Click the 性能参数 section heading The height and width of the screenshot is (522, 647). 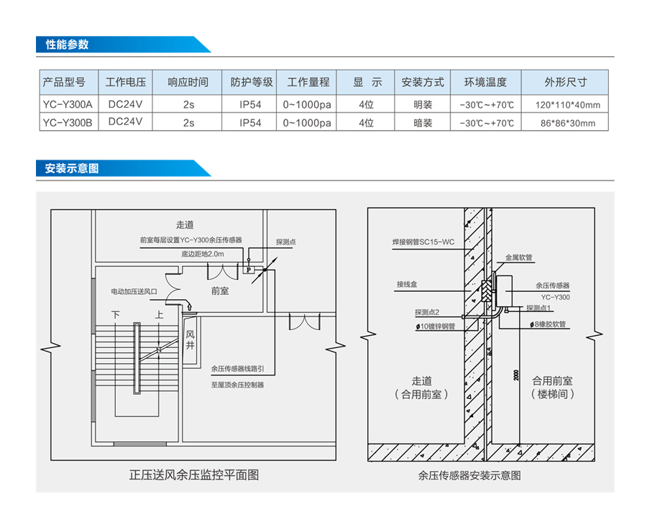(x=67, y=44)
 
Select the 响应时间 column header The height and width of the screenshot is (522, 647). (x=188, y=82)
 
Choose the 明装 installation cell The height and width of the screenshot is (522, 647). (x=423, y=104)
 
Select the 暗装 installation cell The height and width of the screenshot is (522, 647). (x=423, y=123)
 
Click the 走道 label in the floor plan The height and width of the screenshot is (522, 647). (x=185, y=224)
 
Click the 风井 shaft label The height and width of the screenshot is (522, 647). (x=190, y=340)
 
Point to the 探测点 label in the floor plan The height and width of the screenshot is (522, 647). (x=285, y=243)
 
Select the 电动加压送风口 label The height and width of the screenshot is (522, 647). (x=134, y=292)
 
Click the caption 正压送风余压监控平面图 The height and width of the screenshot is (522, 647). (x=193, y=475)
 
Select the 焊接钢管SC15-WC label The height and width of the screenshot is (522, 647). (x=423, y=243)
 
